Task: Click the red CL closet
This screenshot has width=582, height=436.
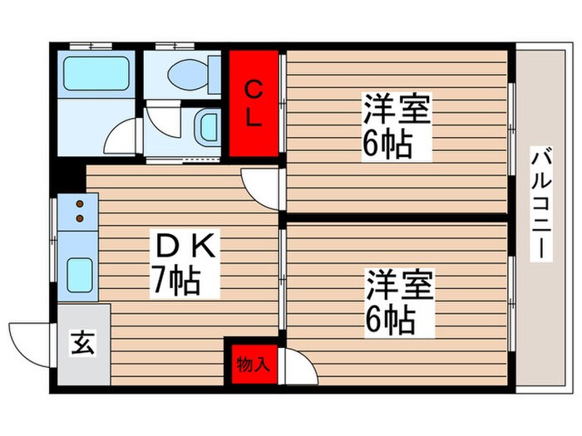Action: tap(254, 102)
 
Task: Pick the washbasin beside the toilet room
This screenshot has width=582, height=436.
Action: tap(208, 128)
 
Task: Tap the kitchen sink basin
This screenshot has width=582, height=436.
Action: tap(80, 272)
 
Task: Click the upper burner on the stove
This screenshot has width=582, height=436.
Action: tap(80, 203)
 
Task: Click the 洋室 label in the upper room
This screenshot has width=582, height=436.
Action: tap(397, 109)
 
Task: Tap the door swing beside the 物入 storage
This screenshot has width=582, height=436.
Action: tap(298, 365)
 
